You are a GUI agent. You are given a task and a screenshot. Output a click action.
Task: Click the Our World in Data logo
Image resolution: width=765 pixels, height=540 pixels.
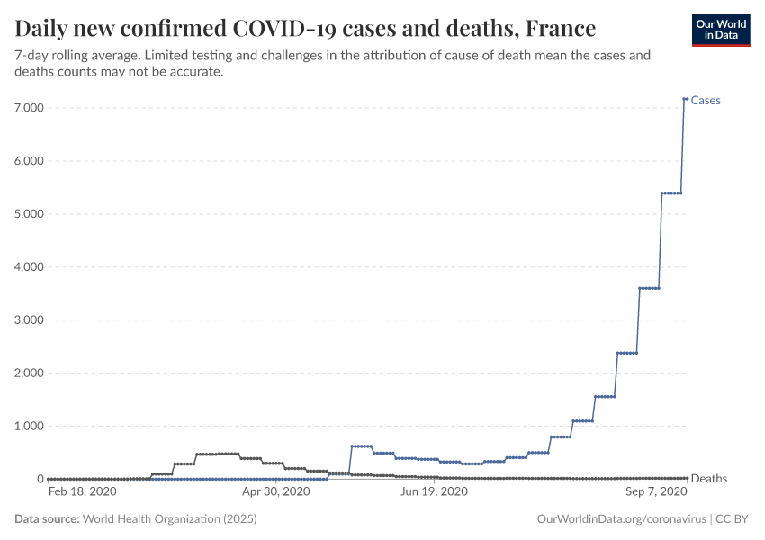pos(720,30)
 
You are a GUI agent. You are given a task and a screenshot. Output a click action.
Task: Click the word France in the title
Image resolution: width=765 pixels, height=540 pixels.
pos(561,29)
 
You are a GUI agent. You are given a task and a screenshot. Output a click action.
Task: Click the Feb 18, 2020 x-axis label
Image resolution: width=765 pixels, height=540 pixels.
pos(81,492)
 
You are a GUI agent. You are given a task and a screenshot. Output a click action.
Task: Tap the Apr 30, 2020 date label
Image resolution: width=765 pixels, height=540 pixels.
pos(276,492)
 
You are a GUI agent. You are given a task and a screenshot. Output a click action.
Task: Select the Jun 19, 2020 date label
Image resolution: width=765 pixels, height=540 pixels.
pos(434,492)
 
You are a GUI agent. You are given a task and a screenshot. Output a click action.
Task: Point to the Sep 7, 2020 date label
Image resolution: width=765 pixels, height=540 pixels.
pos(655,492)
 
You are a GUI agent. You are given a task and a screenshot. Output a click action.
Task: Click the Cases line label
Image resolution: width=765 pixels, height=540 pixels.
pos(706,101)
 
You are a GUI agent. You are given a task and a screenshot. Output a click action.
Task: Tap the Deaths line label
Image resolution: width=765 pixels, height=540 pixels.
pos(709,479)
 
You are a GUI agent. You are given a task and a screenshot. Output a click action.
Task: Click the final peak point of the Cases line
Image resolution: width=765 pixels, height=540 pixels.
pos(686,99)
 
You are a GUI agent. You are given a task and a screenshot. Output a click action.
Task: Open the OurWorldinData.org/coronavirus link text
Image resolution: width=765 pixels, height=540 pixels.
pos(620,519)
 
